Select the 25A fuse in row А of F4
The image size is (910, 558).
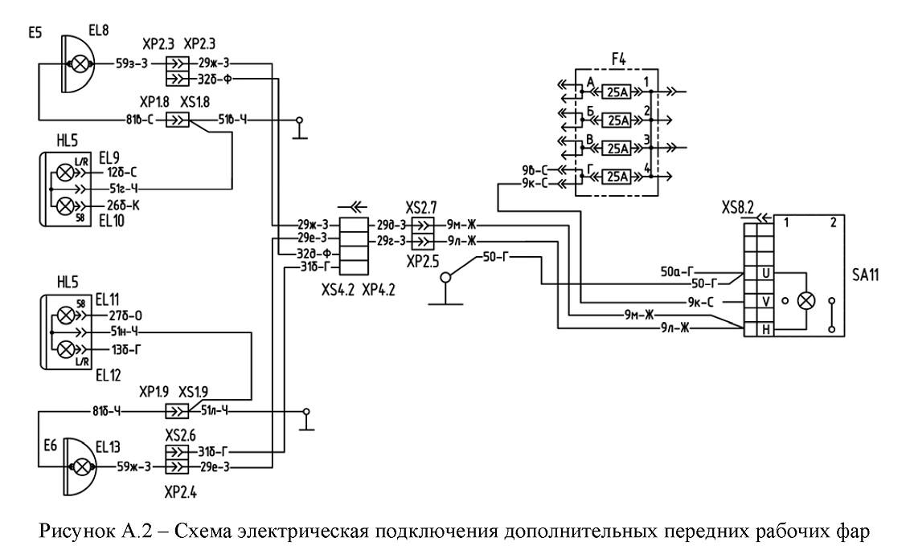click(617, 92)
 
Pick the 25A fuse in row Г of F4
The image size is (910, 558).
click(617, 176)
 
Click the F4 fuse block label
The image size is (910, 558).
click(619, 59)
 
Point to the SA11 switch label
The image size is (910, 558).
click(865, 275)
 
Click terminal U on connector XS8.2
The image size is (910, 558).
click(765, 273)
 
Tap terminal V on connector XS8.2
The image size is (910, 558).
click(765, 301)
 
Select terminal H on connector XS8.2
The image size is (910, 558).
click(765, 329)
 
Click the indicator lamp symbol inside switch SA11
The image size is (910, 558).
click(806, 301)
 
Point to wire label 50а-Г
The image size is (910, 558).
click(678, 271)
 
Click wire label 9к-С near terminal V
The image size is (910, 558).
click(700, 301)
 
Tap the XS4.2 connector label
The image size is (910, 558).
click(338, 291)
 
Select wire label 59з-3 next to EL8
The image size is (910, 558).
click(133, 63)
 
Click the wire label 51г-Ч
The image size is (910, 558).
click(123, 189)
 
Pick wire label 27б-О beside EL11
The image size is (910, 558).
click(125, 316)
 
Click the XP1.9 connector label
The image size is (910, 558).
click(154, 393)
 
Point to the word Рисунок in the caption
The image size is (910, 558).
click(77, 532)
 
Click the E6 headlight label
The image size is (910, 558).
click(51, 445)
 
